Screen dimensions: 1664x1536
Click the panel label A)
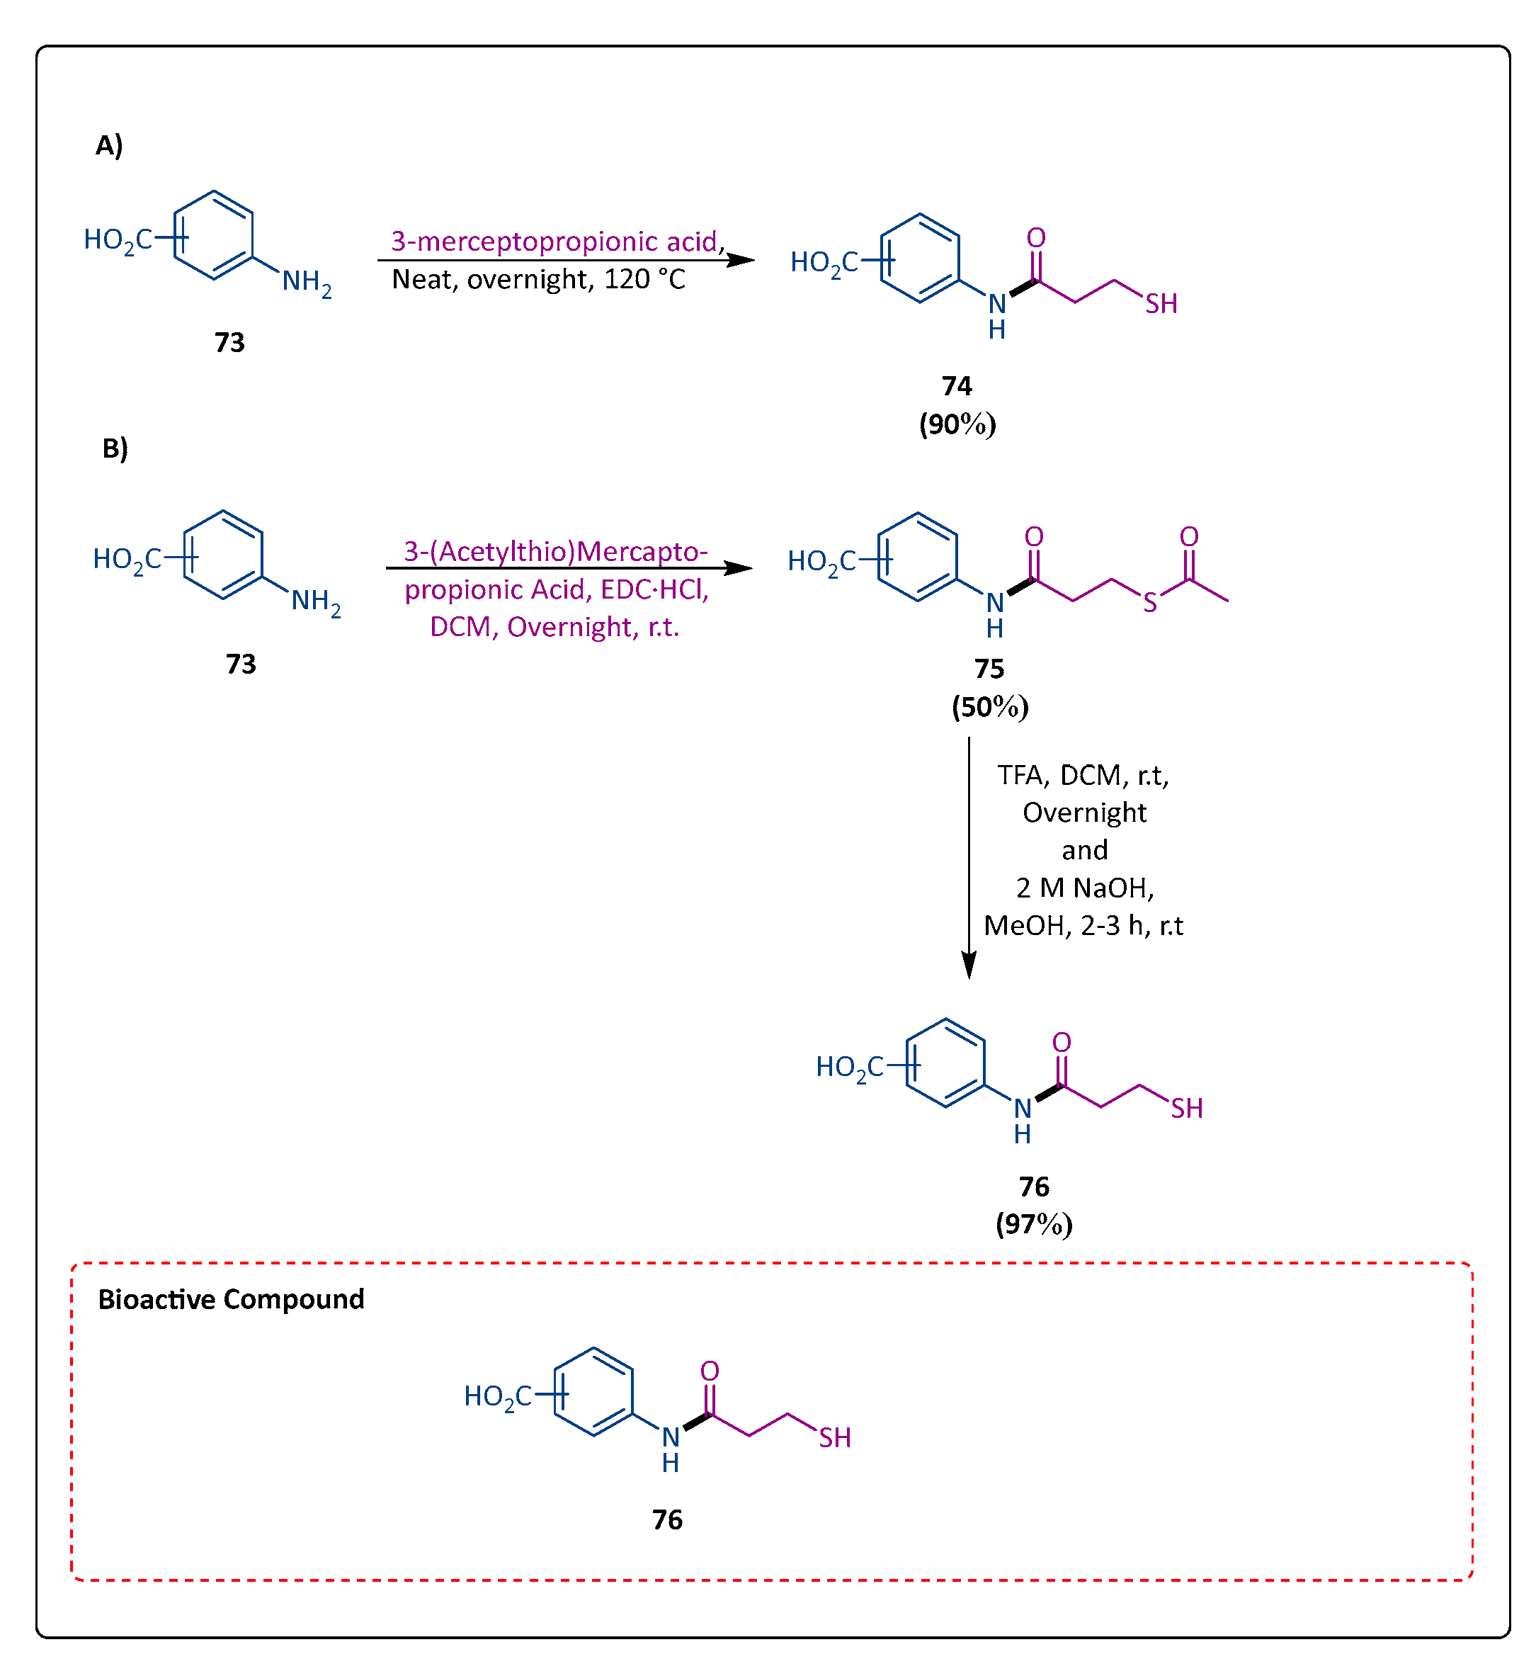click(x=109, y=145)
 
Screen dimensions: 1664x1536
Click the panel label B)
click(x=115, y=448)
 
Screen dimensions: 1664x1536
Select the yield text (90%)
click(x=957, y=424)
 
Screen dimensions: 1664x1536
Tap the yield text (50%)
click(x=989, y=707)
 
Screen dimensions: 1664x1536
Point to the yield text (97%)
click(x=1033, y=1224)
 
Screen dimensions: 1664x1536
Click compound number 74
click(x=957, y=386)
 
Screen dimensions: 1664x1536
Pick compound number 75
click(x=989, y=669)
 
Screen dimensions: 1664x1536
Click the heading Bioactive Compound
click(x=231, y=1299)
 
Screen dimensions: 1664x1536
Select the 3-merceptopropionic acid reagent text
click(x=555, y=241)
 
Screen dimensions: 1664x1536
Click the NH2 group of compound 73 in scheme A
click(x=306, y=283)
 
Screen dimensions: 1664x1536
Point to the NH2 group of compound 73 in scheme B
click(x=315, y=601)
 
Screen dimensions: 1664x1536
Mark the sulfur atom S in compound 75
click(x=1149, y=603)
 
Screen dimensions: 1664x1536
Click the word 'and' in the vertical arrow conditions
click(x=1084, y=850)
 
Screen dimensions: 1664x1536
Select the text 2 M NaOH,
click(x=1084, y=888)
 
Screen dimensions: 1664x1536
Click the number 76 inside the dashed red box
click(x=666, y=1519)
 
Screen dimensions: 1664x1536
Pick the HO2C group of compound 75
click(x=821, y=562)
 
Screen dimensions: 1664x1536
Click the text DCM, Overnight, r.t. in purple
click(x=554, y=627)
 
